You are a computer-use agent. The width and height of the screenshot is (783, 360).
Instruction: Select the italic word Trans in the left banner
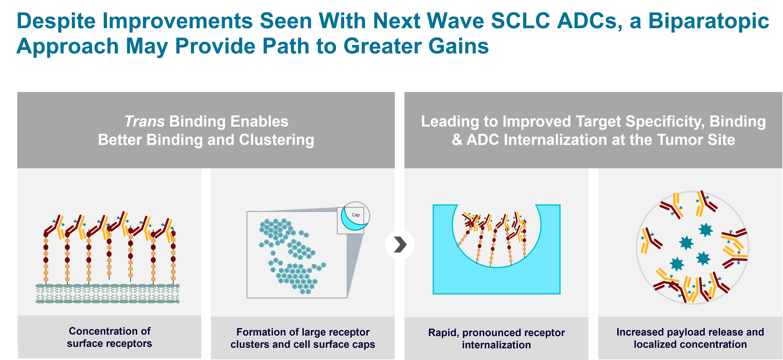coord(144,121)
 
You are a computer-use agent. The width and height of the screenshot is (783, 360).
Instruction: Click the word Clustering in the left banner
coord(276,140)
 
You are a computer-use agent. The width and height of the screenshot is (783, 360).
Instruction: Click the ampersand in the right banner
coord(457,140)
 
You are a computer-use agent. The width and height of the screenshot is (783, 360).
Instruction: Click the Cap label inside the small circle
coord(356,215)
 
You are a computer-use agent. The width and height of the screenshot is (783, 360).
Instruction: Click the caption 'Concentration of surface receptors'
coord(109,337)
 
